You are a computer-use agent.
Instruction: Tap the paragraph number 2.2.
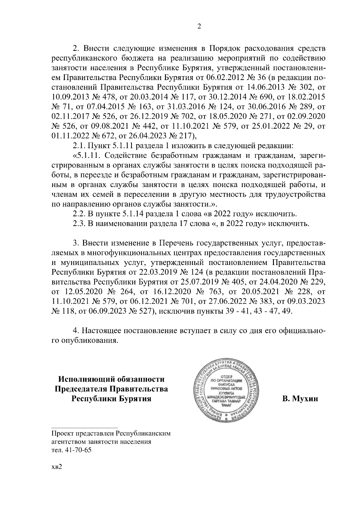click(x=79, y=214)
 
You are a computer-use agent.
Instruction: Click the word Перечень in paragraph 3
click(x=178, y=243)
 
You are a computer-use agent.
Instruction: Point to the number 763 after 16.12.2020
click(x=215, y=291)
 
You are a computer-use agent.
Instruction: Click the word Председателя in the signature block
click(x=81, y=389)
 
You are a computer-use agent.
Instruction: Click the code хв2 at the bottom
click(x=56, y=476)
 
